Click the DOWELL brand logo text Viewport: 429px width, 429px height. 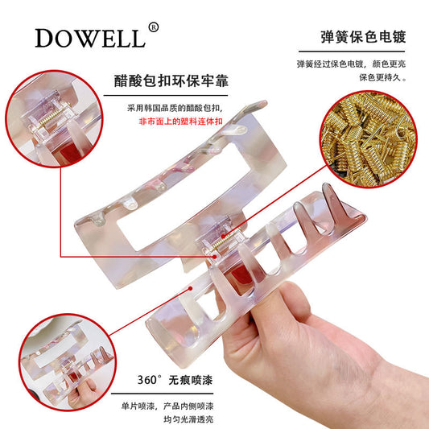(90, 38)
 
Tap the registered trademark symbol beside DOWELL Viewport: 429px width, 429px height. (153, 27)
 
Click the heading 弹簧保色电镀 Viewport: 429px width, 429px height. (363, 37)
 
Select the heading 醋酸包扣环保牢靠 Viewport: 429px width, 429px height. (171, 80)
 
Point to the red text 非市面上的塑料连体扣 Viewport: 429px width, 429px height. (180, 122)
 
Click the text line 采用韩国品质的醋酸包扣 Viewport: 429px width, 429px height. (175, 108)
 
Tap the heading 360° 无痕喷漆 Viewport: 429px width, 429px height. (175, 380)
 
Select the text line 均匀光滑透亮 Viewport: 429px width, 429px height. (188, 419)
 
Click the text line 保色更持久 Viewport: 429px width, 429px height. (382, 77)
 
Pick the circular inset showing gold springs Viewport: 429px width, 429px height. (369, 139)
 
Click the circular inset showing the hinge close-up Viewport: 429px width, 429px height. (54, 119)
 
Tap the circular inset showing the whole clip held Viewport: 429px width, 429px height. (68, 362)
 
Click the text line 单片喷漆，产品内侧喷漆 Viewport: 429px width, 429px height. (167, 406)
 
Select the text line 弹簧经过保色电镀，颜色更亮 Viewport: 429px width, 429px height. (351, 64)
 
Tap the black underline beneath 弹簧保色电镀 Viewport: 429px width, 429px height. (352, 52)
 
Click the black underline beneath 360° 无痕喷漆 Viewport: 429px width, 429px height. (162, 394)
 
